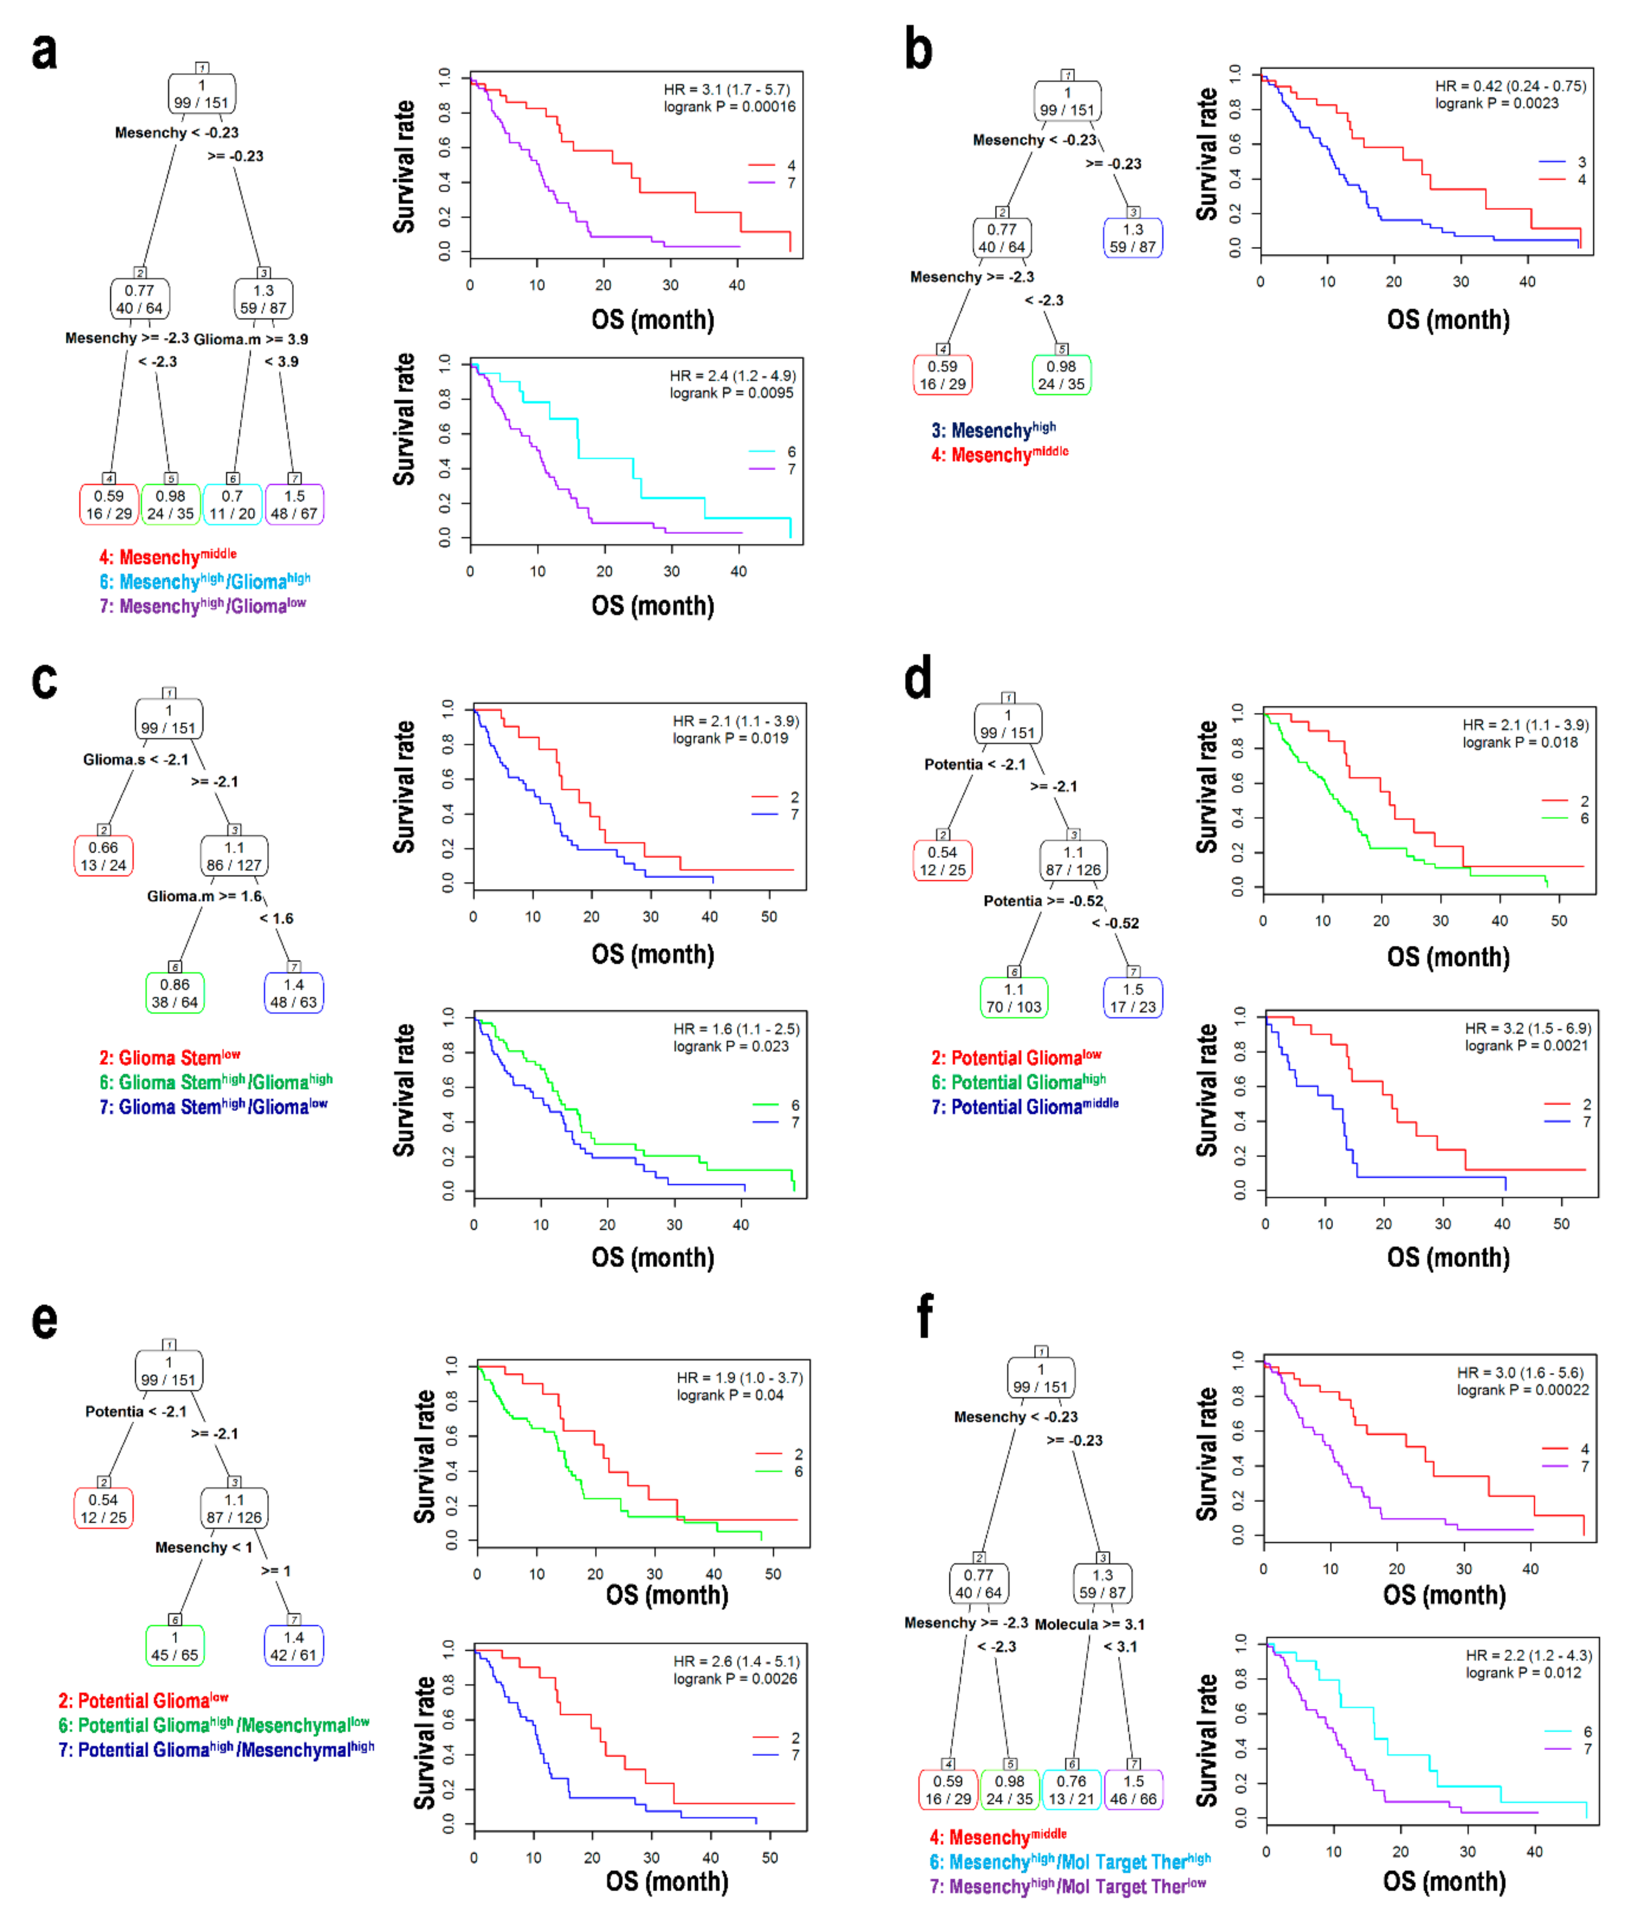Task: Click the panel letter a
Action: coord(43,51)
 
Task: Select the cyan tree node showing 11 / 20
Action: coord(232,504)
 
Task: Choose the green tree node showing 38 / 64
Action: coord(174,993)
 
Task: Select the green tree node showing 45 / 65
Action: coord(174,1645)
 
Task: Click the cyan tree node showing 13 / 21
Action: coord(1071,1790)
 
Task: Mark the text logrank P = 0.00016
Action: coord(729,107)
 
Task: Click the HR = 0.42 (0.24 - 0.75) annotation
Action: coord(1510,86)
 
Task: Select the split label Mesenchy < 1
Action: coord(203,1547)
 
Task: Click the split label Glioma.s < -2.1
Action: coord(136,759)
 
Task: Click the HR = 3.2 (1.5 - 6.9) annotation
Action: coord(1527,1028)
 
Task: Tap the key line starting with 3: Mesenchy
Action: coord(993,430)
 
